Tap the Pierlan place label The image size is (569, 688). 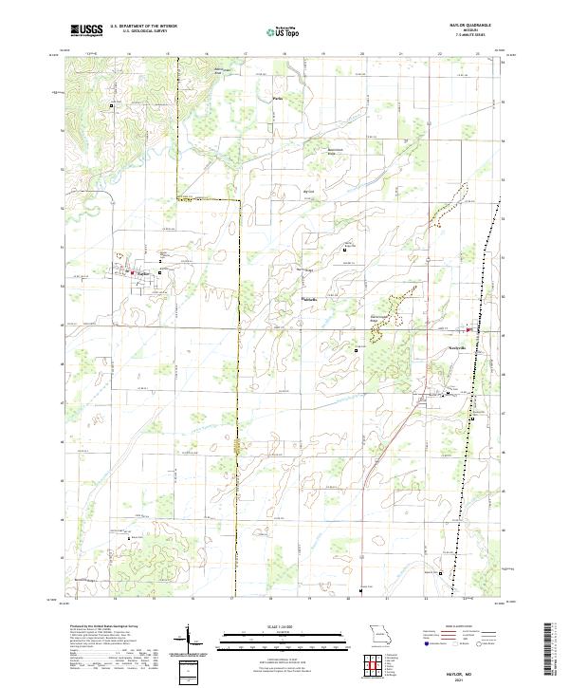(277, 98)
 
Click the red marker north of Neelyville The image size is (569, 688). (468, 329)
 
